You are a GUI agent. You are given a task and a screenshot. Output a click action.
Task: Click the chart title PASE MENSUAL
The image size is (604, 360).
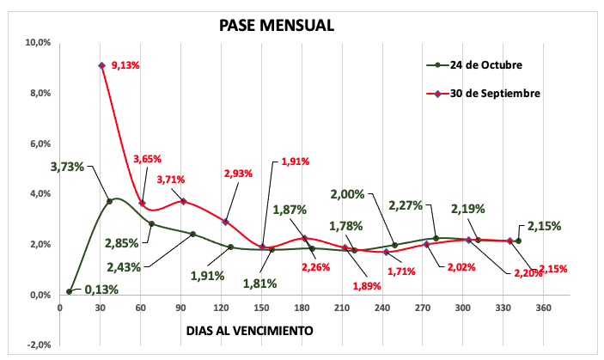tap(277, 25)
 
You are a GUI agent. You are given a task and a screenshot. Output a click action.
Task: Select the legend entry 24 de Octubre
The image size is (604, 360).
tap(485, 64)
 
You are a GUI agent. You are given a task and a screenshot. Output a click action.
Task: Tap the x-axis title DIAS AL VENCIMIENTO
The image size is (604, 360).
tap(249, 330)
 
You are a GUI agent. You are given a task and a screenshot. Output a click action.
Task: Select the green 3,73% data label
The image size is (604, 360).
tap(68, 167)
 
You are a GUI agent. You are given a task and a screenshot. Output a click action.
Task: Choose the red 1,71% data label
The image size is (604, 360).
tap(400, 272)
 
